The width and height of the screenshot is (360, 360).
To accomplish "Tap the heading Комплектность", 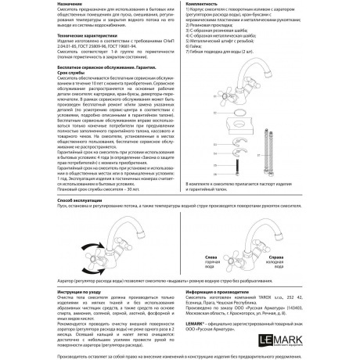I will coord(201,4).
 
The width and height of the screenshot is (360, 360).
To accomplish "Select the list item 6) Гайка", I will coord(193,47).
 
